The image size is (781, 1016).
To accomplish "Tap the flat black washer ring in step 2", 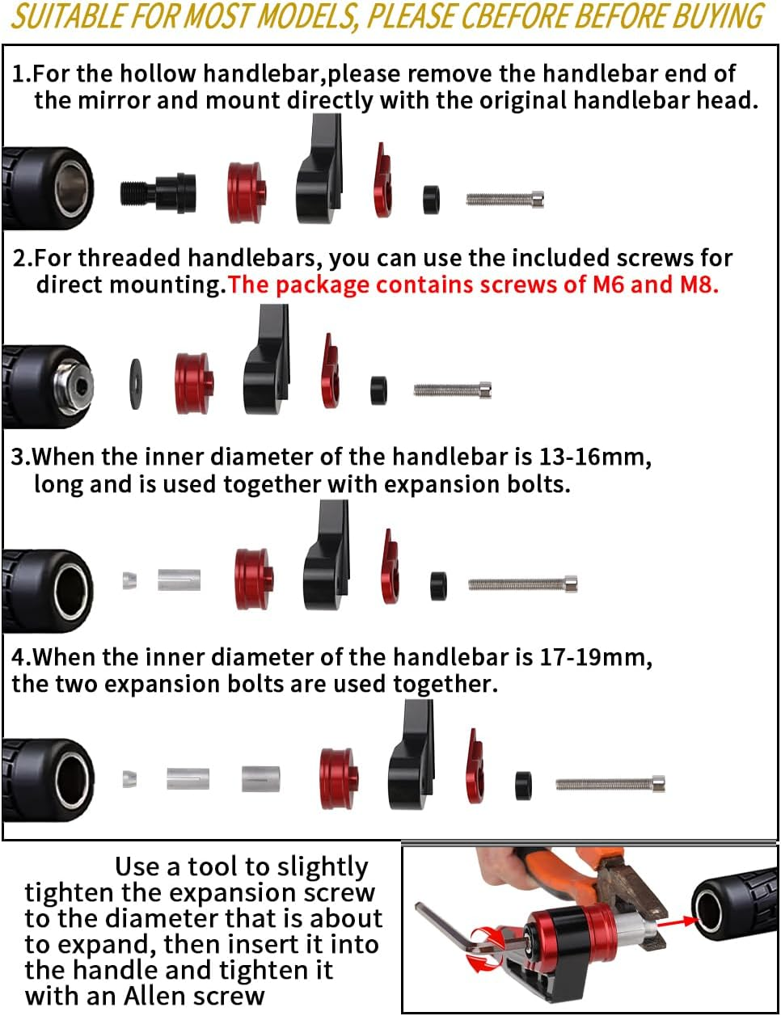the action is tap(136, 384).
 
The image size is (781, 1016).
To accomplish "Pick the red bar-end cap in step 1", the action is tap(247, 192).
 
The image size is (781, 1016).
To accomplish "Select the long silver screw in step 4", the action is tap(610, 783).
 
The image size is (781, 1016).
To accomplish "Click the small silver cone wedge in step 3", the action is tap(130, 580).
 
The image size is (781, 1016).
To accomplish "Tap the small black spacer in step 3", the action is tap(438, 585).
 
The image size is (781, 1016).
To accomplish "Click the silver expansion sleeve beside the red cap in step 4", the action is tap(261, 779).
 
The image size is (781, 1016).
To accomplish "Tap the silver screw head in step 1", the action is tap(538, 200).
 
